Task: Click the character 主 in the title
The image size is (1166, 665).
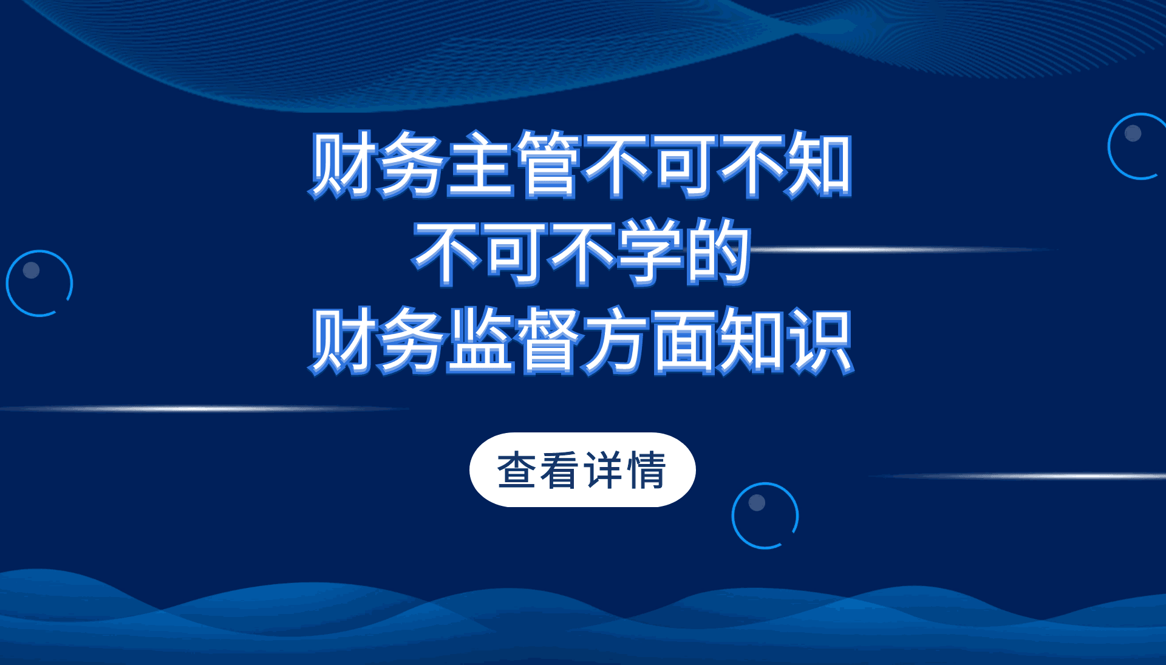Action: pos(480,165)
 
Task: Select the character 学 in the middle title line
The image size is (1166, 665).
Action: pos(651,252)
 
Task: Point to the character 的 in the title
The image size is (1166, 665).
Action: pos(718,252)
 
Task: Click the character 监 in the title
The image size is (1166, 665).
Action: pos(480,340)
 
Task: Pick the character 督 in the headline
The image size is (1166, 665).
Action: pos(549,340)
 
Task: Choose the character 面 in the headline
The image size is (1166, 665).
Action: pos(685,341)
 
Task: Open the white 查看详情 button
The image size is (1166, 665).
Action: pos(582,469)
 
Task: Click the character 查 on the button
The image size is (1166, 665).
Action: pos(517,470)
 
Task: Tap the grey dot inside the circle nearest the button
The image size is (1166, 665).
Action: pos(757,502)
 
